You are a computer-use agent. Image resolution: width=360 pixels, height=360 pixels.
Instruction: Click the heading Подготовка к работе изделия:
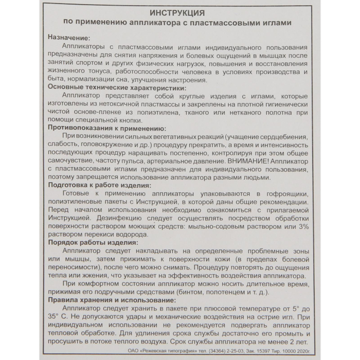click(x=99, y=185)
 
